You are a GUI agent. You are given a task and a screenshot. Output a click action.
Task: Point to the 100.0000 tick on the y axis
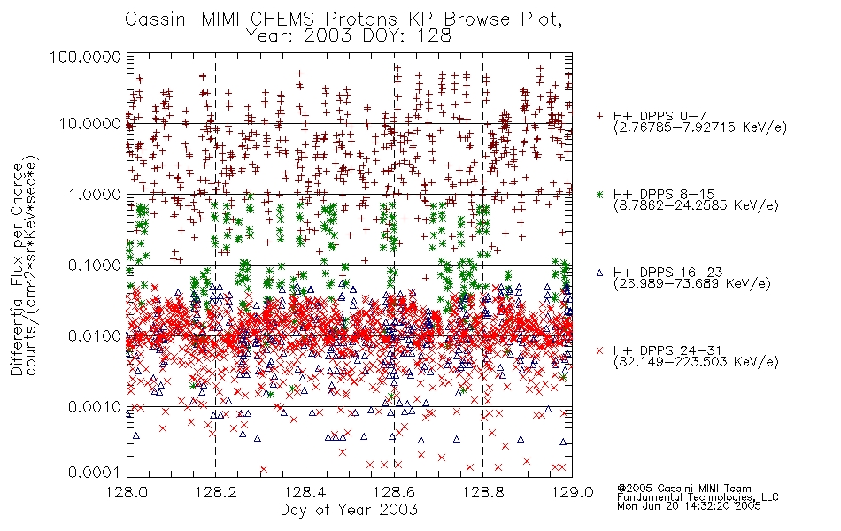coord(86,57)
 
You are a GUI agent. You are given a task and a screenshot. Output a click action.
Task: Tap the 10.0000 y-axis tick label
coord(89,124)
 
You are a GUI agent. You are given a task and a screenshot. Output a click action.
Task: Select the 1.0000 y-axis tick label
coord(95,194)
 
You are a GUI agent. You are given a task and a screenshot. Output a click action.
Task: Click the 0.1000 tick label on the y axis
coord(95,265)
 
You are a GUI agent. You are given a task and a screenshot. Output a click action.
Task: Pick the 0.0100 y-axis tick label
coord(95,336)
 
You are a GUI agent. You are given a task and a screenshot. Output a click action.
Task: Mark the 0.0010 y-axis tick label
coord(95,407)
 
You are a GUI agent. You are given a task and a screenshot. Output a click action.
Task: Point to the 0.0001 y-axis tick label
coord(95,473)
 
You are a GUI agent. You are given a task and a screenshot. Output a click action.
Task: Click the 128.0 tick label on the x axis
coord(127,492)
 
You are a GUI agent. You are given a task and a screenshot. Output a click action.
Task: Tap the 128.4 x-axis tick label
coord(305,492)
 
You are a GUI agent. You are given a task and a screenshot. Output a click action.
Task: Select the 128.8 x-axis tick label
coord(483,492)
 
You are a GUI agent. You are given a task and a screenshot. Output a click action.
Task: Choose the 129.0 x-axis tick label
coord(572,492)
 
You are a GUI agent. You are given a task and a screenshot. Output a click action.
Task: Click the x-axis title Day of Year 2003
coord(349,510)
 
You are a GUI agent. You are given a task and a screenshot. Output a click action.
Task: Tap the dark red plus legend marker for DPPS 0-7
coord(599,116)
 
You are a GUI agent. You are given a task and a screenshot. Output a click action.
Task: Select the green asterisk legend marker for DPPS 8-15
coord(599,194)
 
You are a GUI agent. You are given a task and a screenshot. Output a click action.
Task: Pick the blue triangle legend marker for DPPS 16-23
coord(599,273)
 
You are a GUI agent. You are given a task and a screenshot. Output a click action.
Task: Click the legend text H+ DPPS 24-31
coord(667,350)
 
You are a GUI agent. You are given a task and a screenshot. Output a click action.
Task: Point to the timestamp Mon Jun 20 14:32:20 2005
coord(689,506)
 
